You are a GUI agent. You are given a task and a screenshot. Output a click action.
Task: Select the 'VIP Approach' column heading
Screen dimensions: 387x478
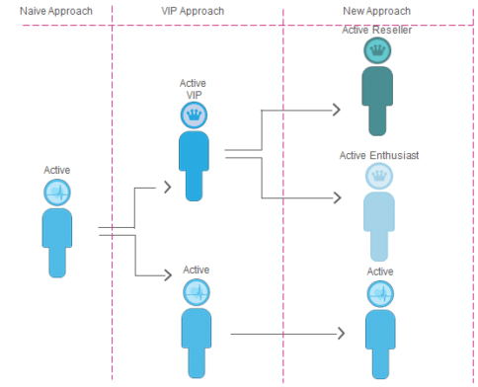pyautogui.click(x=192, y=10)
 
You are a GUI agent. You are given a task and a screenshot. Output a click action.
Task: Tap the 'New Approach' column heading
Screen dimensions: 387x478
pyautogui.click(x=377, y=10)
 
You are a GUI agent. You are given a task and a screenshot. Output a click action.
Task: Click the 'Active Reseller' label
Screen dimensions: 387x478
pyautogui.click(x=376, y=30)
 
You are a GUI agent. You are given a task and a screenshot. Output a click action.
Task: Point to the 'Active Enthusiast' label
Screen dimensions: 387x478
pyautogui.click(x=376, y=155)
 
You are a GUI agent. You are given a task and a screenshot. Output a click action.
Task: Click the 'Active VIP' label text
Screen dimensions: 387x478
pyautogui.click(x=195, y=90)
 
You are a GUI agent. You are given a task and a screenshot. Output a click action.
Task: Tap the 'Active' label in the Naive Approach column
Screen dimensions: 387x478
pyautogui.click(x=57, y=170)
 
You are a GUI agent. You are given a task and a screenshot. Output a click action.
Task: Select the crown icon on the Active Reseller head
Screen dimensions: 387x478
pyautogui.click(x=376, y=50)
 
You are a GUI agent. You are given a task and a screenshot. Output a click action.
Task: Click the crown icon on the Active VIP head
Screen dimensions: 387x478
pyautogui.click(x=195, y=116)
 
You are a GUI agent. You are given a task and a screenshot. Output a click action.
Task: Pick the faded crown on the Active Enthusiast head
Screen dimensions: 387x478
pyautogui.click(x=376, y=176)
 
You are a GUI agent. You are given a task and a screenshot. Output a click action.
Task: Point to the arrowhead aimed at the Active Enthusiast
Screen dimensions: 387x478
pyautogui.click(x=339, y=197)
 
